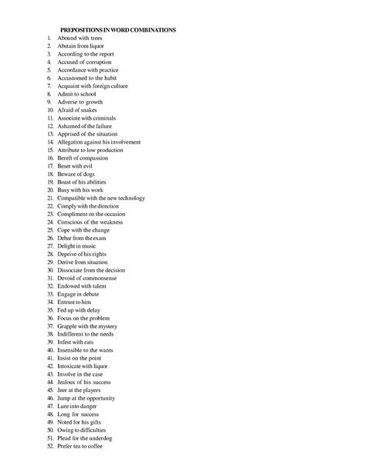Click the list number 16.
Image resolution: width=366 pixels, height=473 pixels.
click(50, 158)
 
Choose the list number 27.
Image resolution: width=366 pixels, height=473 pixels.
click(50, 246)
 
